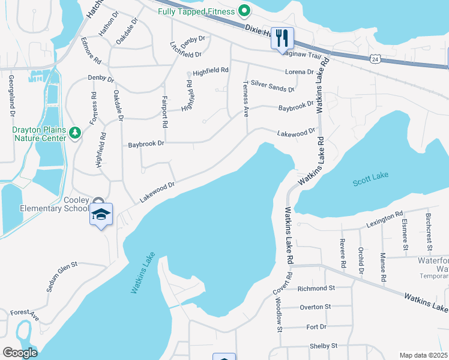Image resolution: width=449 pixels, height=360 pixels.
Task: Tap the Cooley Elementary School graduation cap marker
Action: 101,215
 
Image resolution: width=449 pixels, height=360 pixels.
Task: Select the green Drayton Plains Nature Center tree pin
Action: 75,133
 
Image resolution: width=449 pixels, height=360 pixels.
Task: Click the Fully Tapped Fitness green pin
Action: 244,11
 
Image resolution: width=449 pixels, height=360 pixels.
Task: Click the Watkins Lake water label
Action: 143,273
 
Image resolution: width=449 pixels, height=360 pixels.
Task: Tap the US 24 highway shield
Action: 375,59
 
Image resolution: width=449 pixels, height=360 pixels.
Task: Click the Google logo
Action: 20,353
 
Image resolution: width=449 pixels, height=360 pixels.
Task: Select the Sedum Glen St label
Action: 62,276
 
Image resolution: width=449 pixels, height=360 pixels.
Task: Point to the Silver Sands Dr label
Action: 273,86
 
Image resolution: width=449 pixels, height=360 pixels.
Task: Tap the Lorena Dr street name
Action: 300,71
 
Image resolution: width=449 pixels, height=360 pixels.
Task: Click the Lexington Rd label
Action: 384,220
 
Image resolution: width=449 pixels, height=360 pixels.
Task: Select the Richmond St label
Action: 316,289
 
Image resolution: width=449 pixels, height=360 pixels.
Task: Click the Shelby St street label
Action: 324,346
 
